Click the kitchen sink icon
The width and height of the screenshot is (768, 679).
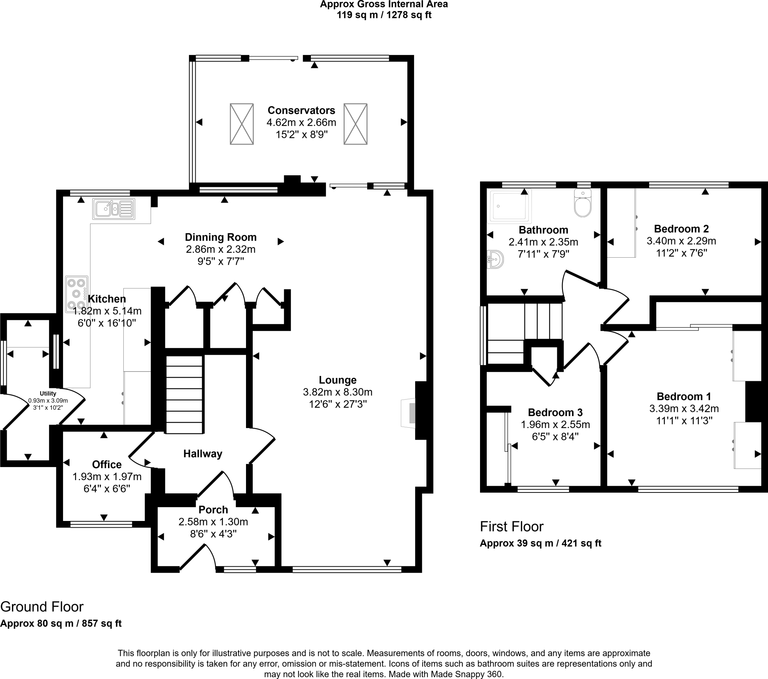(x=114, y=209)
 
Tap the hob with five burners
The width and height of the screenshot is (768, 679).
(x=76, y=294)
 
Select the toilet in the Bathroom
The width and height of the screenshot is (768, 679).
(x=583, y=204)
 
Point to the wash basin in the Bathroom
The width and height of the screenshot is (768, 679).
(x=496, y=259)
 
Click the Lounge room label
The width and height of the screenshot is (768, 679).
(x=337, y=380)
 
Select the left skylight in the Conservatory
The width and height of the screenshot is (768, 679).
(x=241, y=124)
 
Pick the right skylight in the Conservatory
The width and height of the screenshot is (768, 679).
(x=355, y=124)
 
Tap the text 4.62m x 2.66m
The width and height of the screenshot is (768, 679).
(x=301, y=122)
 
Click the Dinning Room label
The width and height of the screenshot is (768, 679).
(x=220, y=237)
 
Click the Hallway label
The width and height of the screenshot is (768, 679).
(x=202, y=454)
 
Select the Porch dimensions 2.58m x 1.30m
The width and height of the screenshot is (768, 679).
(x=213, y=522)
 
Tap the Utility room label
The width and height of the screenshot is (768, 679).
(x=48, y=393)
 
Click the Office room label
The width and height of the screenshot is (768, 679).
(x=107, y=464)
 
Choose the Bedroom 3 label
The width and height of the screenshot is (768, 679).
(x=555, y=412)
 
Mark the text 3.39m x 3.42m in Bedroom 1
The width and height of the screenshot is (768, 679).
(x=684, y=408)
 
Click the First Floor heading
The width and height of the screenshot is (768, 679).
(x=511, y=527)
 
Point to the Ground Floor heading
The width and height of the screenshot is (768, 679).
(x=42, y=607)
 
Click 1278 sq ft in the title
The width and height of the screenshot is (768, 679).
(x=409, y=15)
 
